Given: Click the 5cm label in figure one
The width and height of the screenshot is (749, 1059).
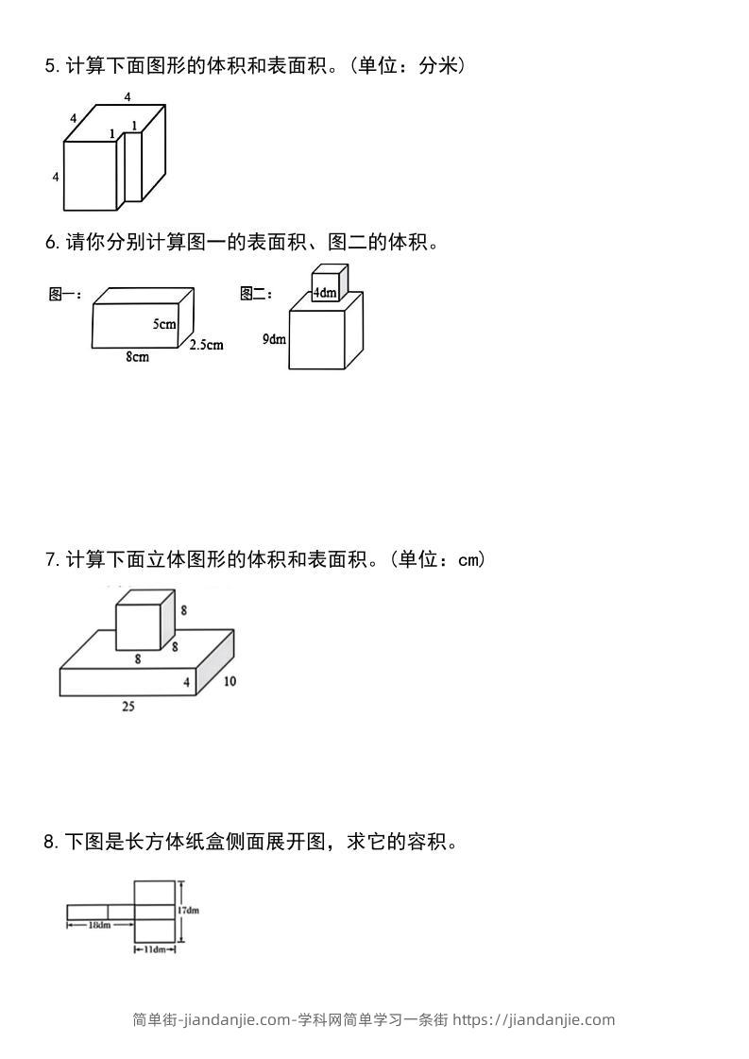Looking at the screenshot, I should (164, 324).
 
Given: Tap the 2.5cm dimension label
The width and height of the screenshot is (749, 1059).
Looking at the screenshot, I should (206, 345).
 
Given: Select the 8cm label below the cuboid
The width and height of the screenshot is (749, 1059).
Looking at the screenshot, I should (137, 357).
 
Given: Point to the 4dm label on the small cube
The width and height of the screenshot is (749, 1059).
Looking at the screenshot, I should (325, 293).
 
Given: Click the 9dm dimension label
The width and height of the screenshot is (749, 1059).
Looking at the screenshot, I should (274, 338).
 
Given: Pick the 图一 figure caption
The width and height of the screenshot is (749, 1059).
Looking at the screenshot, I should (64, 295).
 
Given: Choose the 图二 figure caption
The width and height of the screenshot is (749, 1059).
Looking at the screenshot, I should (256, 295).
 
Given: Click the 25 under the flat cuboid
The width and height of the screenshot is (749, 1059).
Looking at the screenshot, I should (128, 706).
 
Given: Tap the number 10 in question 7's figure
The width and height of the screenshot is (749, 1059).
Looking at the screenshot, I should (230, 681).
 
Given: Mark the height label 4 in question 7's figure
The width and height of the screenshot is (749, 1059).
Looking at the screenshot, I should (186, 682).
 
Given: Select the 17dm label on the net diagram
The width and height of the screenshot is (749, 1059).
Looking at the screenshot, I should (188, 911).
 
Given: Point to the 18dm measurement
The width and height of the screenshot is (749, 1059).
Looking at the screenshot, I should (99, 925).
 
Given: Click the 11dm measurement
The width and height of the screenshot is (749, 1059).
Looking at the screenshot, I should (155, 949).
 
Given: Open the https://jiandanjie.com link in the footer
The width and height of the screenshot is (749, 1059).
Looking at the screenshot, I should (534, 1019).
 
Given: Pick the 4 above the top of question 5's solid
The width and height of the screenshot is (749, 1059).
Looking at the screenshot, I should (128, 96).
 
